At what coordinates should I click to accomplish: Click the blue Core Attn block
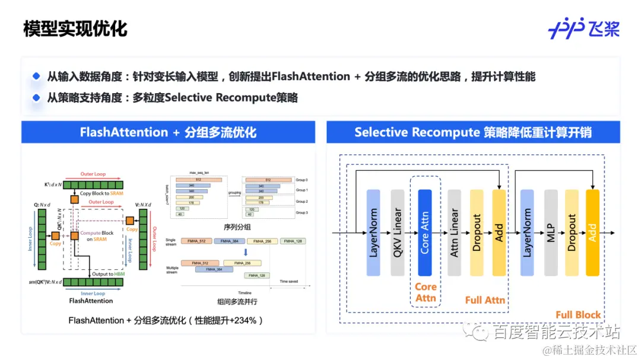click(x=424, y=232)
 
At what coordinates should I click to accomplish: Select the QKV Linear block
click(x=398, y=232)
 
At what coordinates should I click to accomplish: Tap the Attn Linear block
click(x=454, y=232)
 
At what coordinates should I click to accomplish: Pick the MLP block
click(x=551, y=232)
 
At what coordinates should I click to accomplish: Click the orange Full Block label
click(x=577, y=315)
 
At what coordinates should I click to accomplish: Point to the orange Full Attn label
click(x=485, y=300)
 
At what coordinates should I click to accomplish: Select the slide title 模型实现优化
click(x=75, y=29)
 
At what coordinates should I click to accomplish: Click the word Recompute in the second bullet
click(x=234, y=97)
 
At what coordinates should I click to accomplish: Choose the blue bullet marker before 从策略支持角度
click(x=36, y=97)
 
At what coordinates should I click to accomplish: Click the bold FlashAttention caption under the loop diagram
click(x=91, y=301)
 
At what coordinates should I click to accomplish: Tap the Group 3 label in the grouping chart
click(x=303, y=212)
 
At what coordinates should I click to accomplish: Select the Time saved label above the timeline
click(x=288, y=281)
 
